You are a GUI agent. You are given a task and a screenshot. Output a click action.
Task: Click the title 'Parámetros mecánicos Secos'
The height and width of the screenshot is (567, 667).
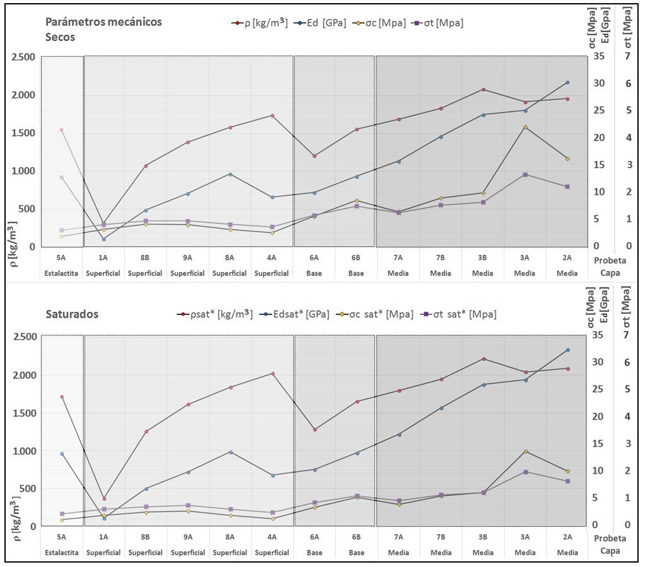tap(103, 29)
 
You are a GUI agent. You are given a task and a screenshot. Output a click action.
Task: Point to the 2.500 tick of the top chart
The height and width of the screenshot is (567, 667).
tap(24, 57)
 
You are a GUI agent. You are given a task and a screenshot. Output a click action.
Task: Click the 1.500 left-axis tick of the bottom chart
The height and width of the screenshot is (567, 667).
tap(24, 413)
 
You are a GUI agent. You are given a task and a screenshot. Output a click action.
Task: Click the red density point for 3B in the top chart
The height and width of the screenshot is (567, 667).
tap(483, 89)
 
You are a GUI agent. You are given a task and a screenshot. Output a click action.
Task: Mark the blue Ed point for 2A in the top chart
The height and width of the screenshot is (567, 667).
tap(567, 83)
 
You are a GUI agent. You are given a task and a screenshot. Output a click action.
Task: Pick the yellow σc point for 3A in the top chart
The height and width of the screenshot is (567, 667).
tap(525, 127)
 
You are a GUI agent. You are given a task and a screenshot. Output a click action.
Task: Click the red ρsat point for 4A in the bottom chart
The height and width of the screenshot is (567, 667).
tap(272, 374)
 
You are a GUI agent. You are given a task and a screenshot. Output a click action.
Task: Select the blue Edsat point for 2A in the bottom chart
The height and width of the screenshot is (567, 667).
tap(567, 350)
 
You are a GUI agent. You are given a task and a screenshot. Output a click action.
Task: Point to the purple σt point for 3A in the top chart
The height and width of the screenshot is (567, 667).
tap(525, 175)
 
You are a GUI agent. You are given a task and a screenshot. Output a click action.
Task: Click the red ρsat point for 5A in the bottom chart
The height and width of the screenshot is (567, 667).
tap(62, 397)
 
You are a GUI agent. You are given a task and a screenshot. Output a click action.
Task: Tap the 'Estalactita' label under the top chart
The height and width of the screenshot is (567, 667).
tap(61, 273)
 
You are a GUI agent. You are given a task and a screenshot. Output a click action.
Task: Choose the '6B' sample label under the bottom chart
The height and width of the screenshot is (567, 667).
tap(356, 537)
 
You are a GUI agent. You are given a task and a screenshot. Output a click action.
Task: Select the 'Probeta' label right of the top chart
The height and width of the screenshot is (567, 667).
tap(610, 259)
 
